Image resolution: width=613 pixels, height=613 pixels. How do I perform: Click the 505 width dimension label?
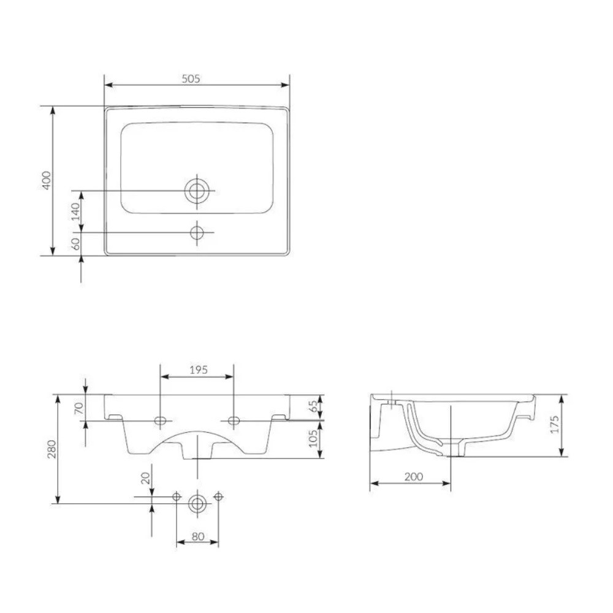pos(191,78)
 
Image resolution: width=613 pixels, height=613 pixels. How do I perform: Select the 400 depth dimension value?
pos(47,181)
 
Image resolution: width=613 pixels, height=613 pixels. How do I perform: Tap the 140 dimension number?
pos(75,211)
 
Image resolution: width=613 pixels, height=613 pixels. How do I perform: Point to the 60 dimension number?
pos(76,244)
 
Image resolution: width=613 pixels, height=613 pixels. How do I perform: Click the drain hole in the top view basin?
pos(197,191)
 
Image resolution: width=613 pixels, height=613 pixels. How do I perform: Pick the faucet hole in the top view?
pos(197,232)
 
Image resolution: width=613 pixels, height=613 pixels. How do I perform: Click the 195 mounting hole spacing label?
pos(199,370)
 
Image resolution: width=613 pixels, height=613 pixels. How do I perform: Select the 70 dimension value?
pos(79,408)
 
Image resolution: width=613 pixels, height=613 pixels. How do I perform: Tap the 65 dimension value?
pos(313,406)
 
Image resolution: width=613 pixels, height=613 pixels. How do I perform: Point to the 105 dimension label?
pos(313,438)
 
